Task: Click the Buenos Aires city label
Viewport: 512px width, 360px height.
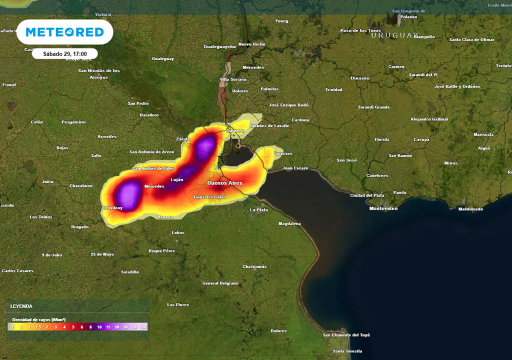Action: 224,183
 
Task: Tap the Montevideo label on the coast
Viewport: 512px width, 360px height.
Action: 383,208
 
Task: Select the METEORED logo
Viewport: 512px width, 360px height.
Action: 64,32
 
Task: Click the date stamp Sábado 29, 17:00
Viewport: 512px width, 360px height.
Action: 65,53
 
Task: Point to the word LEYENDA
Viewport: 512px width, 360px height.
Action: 21,306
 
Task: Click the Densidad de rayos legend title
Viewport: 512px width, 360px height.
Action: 39,319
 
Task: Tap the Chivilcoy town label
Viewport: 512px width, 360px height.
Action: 112,207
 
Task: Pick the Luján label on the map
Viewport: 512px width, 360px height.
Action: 177,179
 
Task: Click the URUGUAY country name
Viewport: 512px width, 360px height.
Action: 394,35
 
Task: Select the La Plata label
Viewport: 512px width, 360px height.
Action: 259,210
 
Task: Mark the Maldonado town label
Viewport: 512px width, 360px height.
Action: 470,209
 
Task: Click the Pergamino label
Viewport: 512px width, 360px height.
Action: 73,122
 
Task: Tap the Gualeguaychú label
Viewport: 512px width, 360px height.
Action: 219,46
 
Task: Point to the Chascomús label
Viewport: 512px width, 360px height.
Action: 254,266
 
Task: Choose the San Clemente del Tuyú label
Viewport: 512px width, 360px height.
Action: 346,335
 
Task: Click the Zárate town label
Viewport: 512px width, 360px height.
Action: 183,139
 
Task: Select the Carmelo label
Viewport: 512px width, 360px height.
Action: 235,131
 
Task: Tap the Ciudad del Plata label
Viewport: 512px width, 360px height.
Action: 367,195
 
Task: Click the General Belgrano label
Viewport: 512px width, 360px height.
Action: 220,283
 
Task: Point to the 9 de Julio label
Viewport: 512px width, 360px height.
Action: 52,255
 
